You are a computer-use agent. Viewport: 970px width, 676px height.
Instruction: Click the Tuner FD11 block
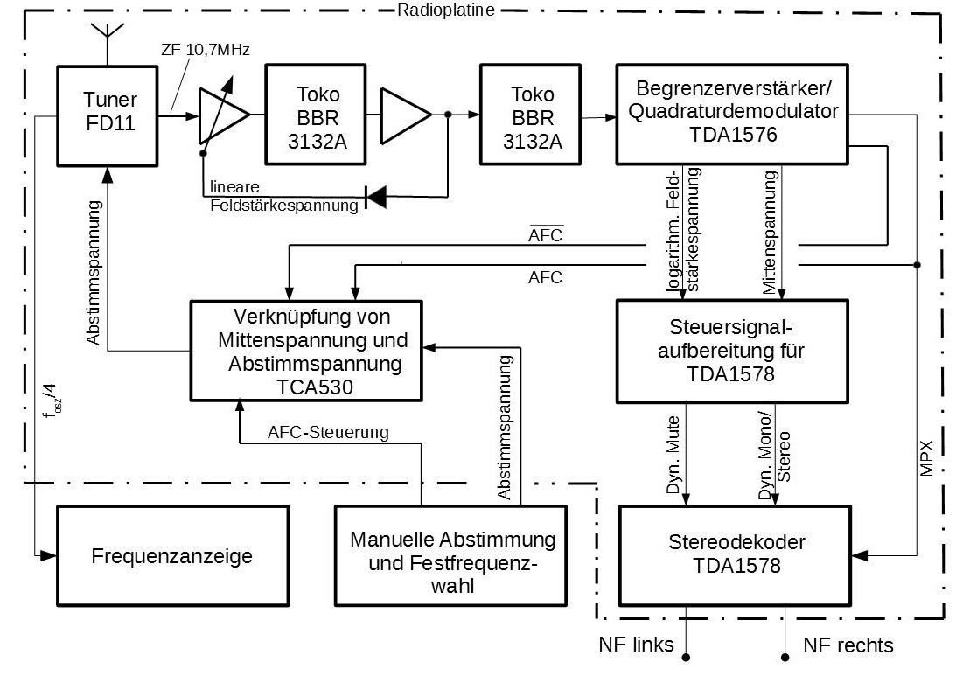[x=108, y=115]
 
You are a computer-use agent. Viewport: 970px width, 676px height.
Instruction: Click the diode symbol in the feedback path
[x=376, y=197]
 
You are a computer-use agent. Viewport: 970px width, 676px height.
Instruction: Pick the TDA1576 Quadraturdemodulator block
[x=732, y=115]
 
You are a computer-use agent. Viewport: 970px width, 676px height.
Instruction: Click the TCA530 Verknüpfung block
[x=306, y=351]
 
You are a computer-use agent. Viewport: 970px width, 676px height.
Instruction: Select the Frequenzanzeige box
[x=172, y=555]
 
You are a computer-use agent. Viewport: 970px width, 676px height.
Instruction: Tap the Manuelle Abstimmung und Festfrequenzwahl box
[x=451, y=555]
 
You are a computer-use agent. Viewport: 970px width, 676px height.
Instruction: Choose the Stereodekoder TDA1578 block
[x=736, y=555]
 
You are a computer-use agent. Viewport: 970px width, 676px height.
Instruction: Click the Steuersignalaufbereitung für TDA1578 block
[x=732, y=352]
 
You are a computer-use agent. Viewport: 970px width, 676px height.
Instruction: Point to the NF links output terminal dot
[x=686, y=657]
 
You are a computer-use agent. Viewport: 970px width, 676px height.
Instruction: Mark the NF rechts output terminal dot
[x=785, y=657]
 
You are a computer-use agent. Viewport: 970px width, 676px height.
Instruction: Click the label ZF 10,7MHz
[x=206, y=50]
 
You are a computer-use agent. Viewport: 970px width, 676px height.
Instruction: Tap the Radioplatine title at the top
[x=446, y=10]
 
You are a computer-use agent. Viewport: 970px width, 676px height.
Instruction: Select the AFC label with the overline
[x=546, y=234]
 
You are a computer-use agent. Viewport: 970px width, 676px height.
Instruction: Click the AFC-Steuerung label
[x=328, y=432]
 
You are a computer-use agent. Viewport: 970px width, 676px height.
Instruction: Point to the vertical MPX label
[x=926, y=457]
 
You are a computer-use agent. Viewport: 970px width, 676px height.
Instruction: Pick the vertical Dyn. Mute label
[x=673, y=455]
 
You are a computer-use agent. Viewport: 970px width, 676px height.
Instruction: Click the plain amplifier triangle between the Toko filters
[x=406, y=115]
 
